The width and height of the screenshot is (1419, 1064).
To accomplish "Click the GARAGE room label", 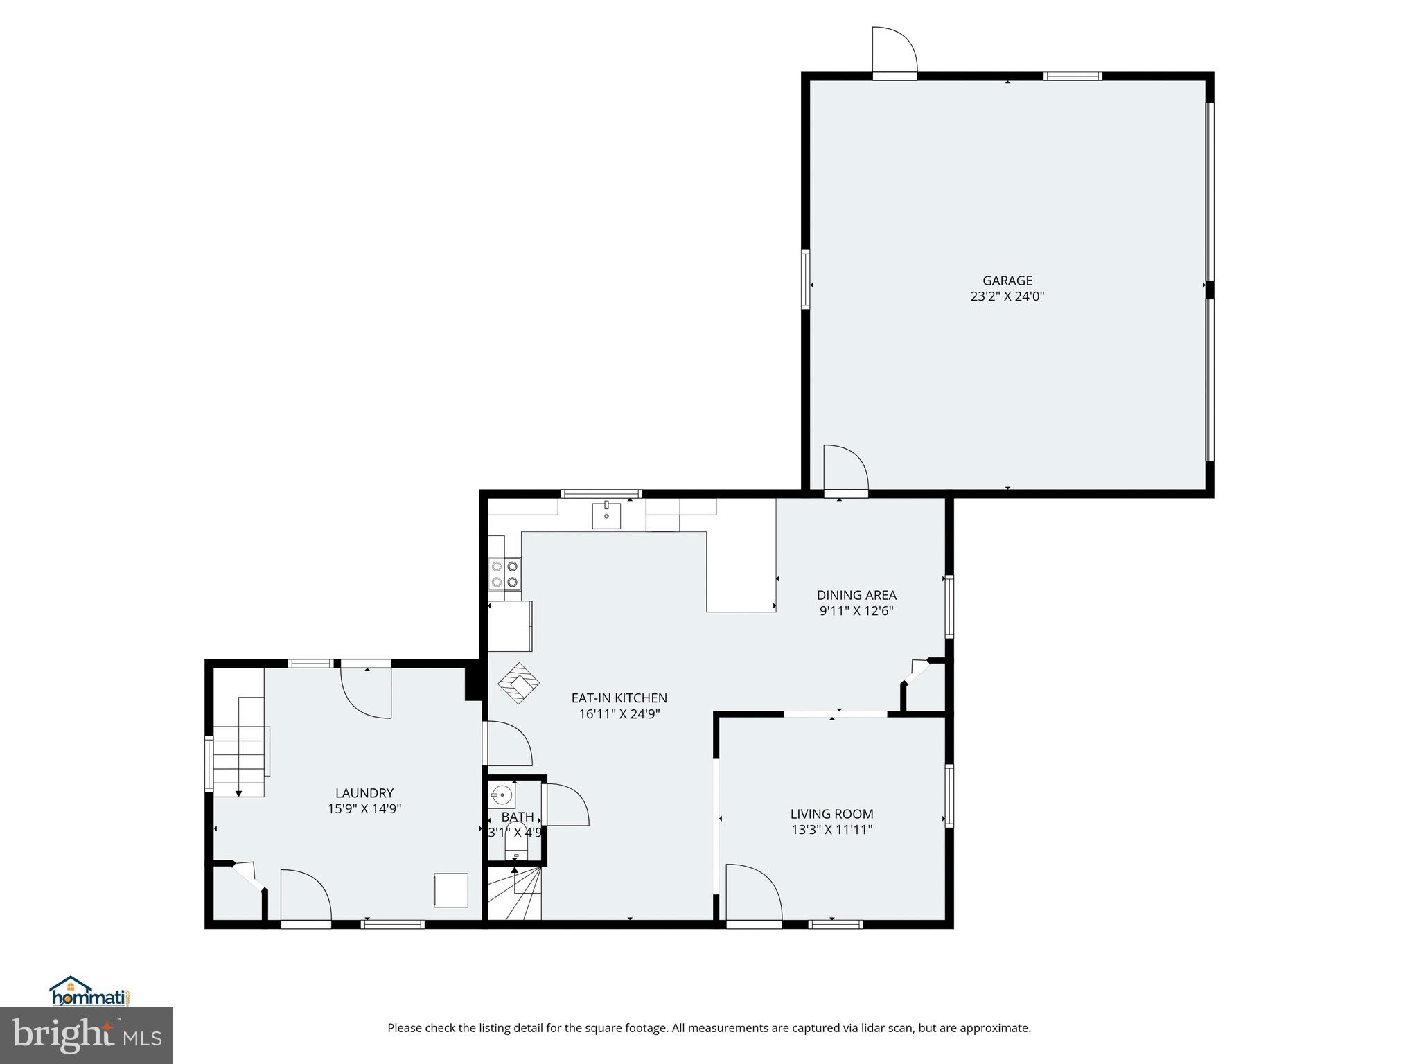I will pyautogui.click(x=1007, y=281).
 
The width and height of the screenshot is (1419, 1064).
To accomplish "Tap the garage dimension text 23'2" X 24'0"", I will pyautogui.click(x=1007, y=296).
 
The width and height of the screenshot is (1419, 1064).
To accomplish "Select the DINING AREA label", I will pyautogui.click(x=856, y=595).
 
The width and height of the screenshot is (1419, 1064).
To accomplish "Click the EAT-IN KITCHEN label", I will pyautogui.click(x=619, y=698).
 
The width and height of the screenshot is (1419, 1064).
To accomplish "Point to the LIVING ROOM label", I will pyautogui.click(x=831, y=814).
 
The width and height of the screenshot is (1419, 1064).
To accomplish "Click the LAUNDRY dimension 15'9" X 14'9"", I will pyautogui.click(x=364, y=808).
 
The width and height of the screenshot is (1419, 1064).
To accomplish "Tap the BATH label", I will pyautogui.click(x=518, y=817).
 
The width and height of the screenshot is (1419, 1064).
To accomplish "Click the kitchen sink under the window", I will pyautogui.click(x=606, y=515).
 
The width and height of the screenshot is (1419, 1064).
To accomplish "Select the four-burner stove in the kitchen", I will pyautogui.click(x=504, y=574).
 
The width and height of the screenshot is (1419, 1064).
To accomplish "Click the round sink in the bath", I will pyautogui.click(x=502, y=794).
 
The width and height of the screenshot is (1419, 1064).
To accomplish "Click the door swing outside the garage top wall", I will pyautogui.click(x=894, y=50).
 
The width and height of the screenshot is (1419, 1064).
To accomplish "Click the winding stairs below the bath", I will pyautogui.click(x=514, y=894).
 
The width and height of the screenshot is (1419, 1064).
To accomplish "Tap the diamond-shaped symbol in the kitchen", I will pyautogui.click(x=518, y=684).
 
